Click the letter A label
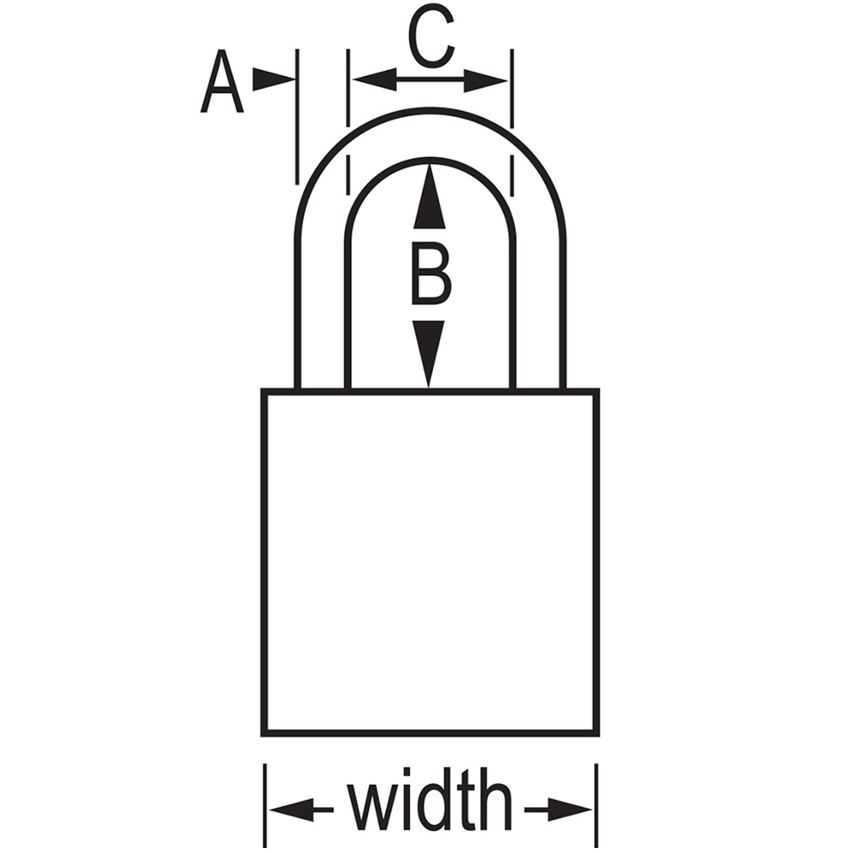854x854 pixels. point(222,82)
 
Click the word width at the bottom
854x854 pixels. point(430,808)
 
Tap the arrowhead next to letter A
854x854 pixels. point(273,80)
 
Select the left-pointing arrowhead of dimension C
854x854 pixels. point(374,80)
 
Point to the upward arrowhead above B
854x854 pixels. point(430,196)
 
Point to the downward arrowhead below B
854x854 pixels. point(430,354)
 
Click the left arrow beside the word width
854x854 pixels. point(301,810)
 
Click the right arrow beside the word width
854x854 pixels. point(559,810)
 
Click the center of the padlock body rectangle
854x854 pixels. point(430,563)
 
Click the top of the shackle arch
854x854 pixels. point(430,111)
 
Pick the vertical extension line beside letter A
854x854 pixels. point(297,117)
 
